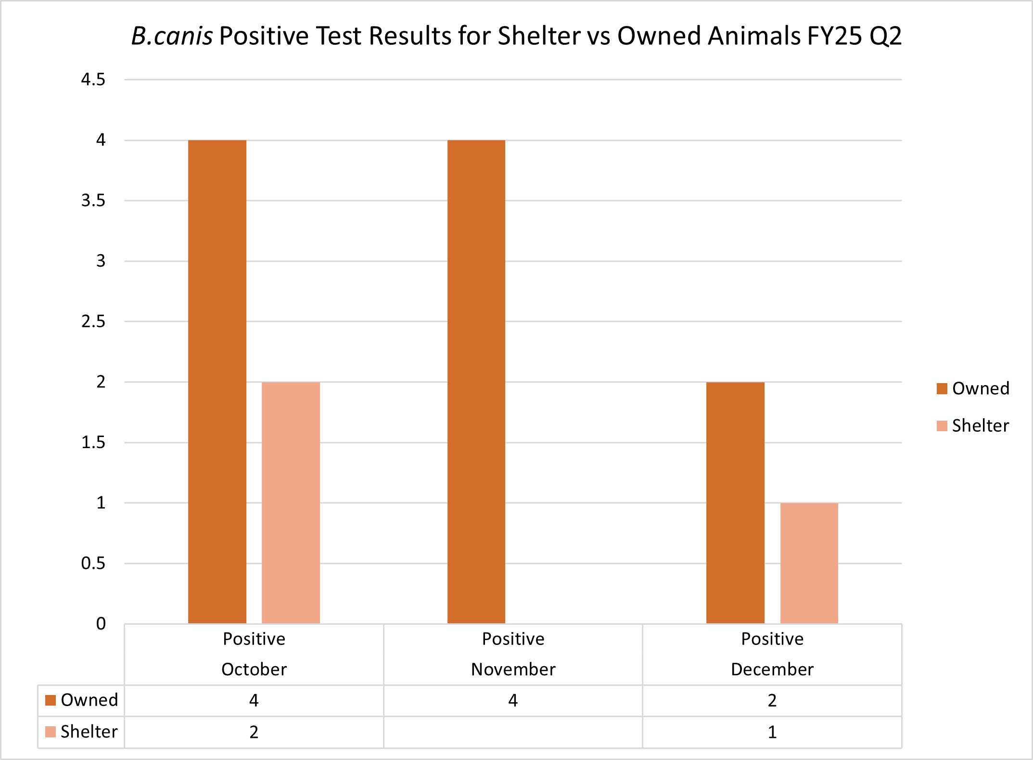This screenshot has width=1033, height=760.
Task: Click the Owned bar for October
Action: [217, 382]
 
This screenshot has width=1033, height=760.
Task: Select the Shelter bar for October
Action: [291, 502]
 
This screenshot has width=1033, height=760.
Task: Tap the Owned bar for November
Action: [476, 382]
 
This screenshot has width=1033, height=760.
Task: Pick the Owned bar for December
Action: [735, 502]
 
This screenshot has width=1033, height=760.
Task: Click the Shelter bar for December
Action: [809, 563]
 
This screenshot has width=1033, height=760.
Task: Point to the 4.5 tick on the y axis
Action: [93, 80]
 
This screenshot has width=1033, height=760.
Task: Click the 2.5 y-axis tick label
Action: [93, 322]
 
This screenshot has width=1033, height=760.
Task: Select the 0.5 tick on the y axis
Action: [93, 563]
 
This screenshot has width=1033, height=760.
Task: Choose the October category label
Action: [254, 670]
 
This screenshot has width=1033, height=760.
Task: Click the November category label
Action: [513, 670]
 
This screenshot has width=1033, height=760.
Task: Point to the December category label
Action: [772, 670]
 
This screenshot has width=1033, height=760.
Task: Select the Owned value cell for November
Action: [513, 700]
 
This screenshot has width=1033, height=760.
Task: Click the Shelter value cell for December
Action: [772, 732]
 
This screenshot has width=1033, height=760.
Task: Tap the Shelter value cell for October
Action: [254, 732]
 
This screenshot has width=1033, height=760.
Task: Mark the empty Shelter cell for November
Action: [513, 732]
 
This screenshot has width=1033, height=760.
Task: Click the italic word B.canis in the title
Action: [172, 36]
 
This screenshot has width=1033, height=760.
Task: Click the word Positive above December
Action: [772, 639]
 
